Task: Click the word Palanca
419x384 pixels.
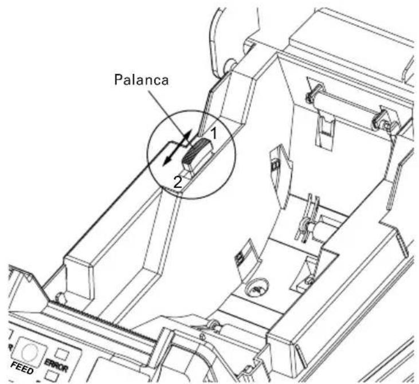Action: [x=142, y=80]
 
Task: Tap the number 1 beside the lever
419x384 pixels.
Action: [x=213, y=134]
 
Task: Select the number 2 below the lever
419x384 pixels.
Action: [x=178, y=182]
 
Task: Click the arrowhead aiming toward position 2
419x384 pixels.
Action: [x=167, y=160]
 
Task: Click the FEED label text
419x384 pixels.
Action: [x=22, y=368]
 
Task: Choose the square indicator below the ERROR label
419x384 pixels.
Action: [x=52, y=376]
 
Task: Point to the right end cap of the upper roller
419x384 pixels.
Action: [x=380, y=119]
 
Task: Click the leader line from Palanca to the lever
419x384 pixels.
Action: [x=168, y=115]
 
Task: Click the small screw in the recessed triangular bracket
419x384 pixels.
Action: [x=310, y=280]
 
